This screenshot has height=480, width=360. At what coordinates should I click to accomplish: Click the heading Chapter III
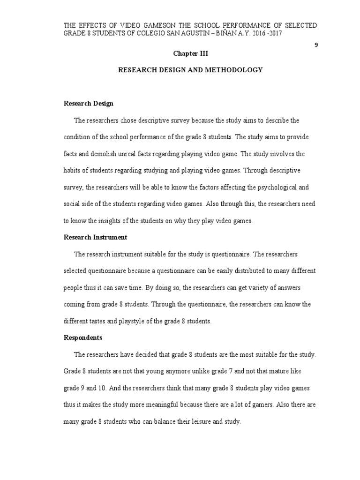[x=190, y=54]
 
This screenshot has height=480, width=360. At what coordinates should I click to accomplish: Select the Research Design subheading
[x=89, y=104]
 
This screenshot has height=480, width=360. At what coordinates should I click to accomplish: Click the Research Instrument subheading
[x=95, y=238]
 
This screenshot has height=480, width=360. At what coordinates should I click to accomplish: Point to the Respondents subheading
[x=83, y=338]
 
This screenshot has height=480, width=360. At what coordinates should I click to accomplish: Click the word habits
[x=73, y=171]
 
